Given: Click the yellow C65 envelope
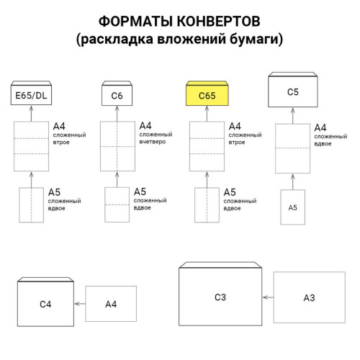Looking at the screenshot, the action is pos(207,93).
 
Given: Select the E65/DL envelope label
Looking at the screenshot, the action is pos(31,96).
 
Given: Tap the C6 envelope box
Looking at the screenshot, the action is pos(117,93).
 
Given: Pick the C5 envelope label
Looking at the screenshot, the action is pos(293,92).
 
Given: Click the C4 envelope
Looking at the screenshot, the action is pos(45,302).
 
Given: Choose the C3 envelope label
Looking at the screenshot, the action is pos(220,297).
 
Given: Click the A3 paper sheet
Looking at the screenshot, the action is pos(310,297).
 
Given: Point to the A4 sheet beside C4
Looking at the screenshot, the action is pos(111,304).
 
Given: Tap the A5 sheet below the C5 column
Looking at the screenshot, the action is pos(293,207).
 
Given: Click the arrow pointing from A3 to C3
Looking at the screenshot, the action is pos(268,297).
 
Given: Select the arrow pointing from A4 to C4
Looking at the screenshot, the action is pos(80,304).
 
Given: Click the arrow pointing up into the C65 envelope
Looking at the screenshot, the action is pos(207,114).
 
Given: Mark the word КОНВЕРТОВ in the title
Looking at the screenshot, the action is pos(219,21).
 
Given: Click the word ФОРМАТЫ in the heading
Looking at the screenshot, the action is pos(136,21).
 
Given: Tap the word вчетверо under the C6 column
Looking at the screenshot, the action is pos(153,142).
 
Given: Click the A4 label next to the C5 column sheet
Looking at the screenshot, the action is pos(320,127).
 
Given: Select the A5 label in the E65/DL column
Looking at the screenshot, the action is pos(54,192).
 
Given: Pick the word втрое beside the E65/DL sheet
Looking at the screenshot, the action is pos(61,143).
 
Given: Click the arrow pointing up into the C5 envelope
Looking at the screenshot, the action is pos(293,116).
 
